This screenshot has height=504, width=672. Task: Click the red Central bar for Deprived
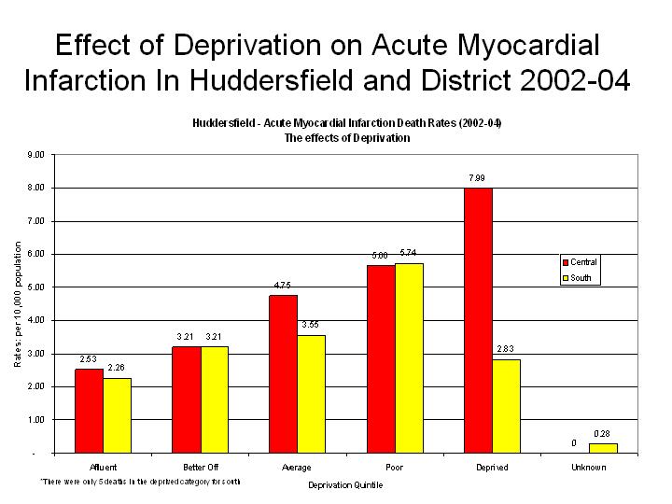point(478,320)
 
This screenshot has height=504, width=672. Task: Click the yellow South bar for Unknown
point(602,448)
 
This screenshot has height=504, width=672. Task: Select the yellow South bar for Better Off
point(215,399)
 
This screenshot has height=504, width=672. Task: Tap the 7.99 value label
point(477,177)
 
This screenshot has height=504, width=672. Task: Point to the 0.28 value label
point(602,433)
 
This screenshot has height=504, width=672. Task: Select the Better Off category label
point(201,467)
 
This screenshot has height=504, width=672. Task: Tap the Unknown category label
point(588,467)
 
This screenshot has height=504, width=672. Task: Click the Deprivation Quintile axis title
point(345,485)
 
